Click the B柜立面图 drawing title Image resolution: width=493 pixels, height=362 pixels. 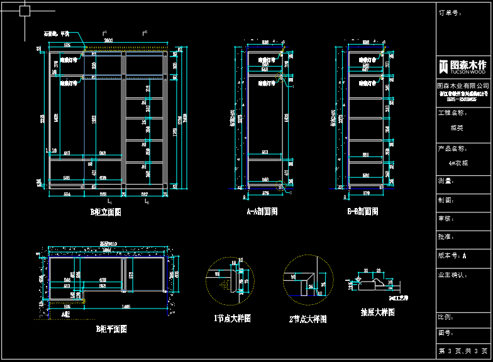106,212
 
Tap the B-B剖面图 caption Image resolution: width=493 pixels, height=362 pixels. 363,212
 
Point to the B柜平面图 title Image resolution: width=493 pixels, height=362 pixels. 111,329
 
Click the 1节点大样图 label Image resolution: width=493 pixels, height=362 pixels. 232,319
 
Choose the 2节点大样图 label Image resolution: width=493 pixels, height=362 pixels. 308,319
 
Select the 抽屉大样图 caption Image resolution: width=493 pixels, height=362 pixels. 377,312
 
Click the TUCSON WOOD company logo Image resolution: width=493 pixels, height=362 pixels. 463,67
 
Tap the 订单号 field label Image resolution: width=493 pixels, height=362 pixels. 450,13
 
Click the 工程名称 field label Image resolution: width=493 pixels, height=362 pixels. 452,113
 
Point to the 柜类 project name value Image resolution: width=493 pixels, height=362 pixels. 457,128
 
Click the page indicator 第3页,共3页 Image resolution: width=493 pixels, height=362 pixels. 463,351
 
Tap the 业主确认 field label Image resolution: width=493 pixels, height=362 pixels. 452,275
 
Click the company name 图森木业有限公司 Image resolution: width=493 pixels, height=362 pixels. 463,85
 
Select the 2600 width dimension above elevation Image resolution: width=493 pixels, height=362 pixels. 109,41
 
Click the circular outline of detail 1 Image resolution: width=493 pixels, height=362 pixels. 228,279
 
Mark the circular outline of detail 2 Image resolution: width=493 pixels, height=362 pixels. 308,278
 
